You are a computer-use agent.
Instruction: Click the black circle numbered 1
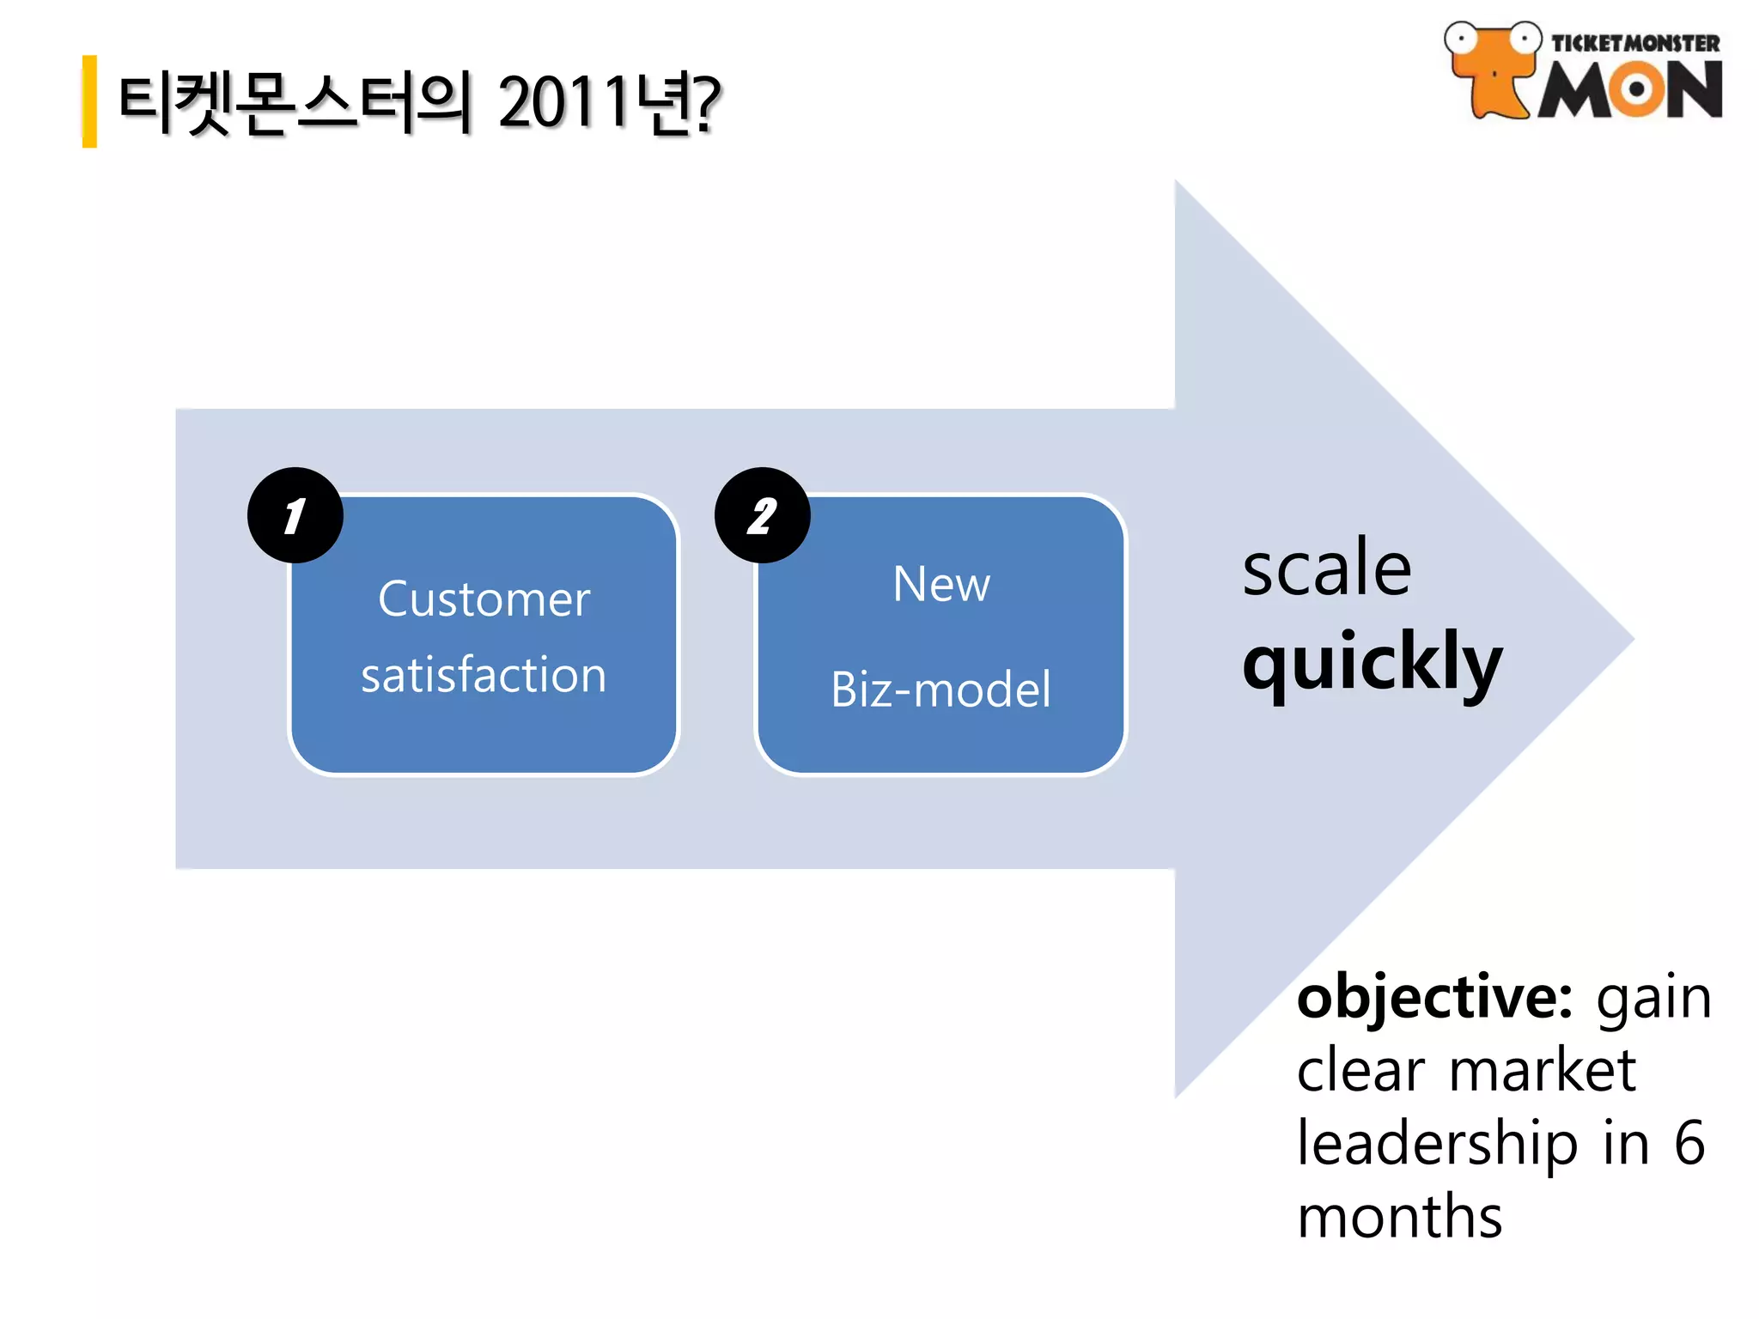[295, 515]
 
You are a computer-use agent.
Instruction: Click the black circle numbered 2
[762, 515]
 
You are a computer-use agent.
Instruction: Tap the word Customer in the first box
[484, 599]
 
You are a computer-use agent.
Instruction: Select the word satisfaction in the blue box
[484, 675]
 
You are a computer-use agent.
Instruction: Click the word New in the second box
[941, 585]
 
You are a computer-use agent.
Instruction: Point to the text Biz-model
[940, 690]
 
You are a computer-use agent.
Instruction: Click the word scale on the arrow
[1327, 568]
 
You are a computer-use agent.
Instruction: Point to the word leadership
[1437, 1146]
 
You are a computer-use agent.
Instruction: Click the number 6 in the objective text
[1689, 1144]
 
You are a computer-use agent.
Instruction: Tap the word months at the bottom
[1399, 1218]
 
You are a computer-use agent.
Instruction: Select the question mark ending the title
[707, 102]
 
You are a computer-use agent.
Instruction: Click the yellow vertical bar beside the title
[89, 101]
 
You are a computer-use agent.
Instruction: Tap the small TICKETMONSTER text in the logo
[1634, 43]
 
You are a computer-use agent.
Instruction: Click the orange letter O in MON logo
[1636, 90]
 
